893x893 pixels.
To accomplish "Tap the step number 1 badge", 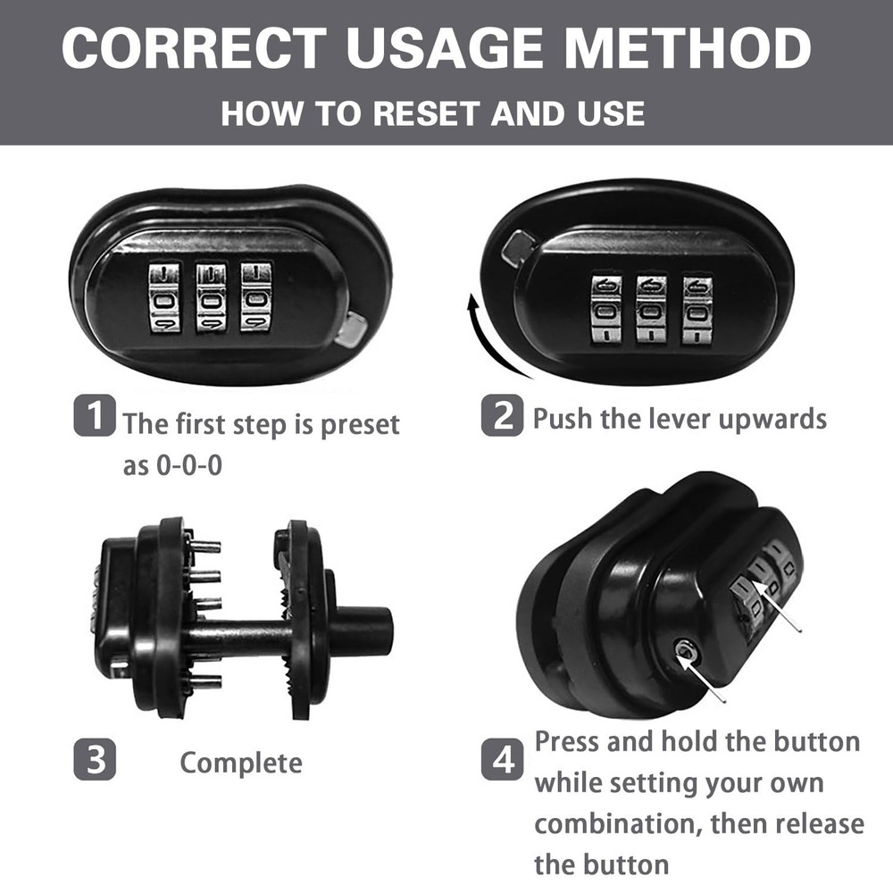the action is click(95, 415).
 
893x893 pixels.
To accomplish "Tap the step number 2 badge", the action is click(502, 415).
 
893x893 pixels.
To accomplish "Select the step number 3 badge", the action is click(95, 759).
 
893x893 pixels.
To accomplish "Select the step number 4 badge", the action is click(502, 759).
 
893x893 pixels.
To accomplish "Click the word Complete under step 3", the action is click(241, 764).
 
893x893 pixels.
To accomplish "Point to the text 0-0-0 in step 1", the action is click(189, 466).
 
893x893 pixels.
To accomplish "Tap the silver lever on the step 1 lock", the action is click(351, 329).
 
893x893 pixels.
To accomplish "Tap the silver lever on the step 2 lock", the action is click(516, 248).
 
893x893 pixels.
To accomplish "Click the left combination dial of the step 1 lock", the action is click(164, 296).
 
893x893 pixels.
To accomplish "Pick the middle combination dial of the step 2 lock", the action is click(651, 310).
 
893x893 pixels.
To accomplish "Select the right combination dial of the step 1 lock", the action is click(255, 296).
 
